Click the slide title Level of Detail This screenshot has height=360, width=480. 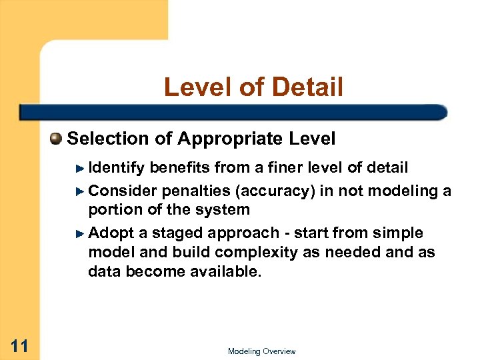tap(253, 87)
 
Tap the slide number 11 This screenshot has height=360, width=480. tap(19, 345)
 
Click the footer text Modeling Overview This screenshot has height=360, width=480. tap(261, 351)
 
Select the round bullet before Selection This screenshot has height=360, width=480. tap(56, 139)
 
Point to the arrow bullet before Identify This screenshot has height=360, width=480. tap(80, 167)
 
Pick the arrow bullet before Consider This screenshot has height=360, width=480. tap(80, 191)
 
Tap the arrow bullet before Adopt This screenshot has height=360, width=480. tap(80, 233)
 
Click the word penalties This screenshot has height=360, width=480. tap(196, 191)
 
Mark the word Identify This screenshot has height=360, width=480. tap(117, 167)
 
